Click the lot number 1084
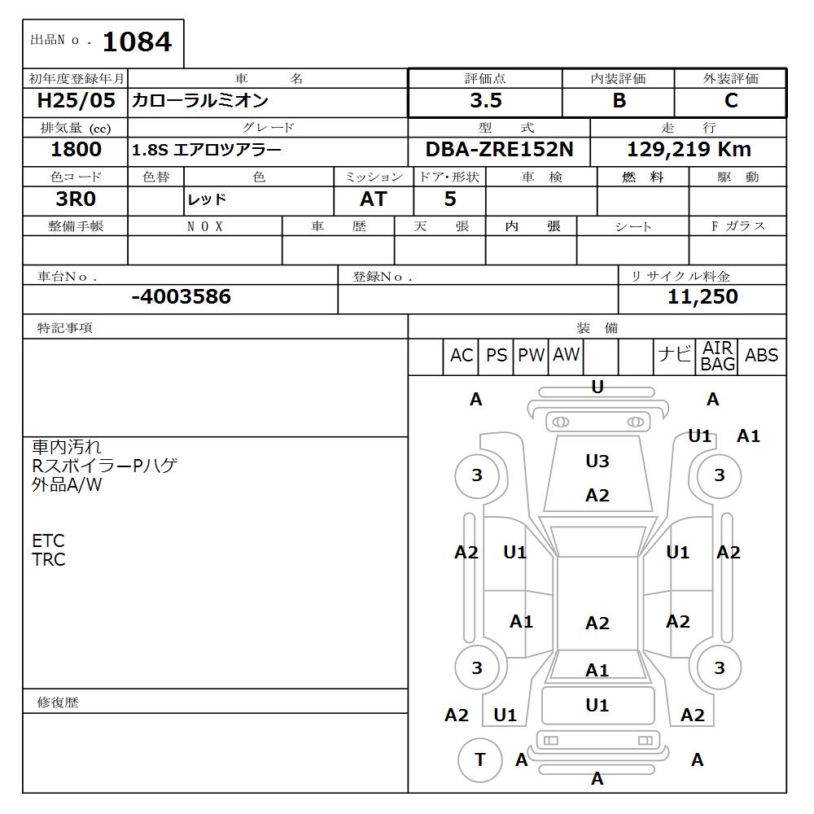tap(138, 42)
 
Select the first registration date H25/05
tap(77, 101)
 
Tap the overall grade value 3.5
tap(485, 101)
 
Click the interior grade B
tap(619, 101)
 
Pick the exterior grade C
tap(730, 101)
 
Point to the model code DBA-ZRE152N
tap(498, 150)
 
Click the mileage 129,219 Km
tap(689, 150)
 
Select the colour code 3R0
tap(76, 199)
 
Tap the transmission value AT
tap(374, 199)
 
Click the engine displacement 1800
tap(76, 150)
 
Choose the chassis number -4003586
tap(181, 297)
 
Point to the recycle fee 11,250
tap(702, 297)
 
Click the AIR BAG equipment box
tap(718, 357)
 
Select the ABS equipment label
tap(761, 356)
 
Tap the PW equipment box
tap(532, 356)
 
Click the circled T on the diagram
tap(479, 759)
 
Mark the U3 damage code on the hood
tap(597, 462)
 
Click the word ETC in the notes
tap(48, 541)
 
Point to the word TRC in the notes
tap(49, 560)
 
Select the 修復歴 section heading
tap(58, 702)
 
